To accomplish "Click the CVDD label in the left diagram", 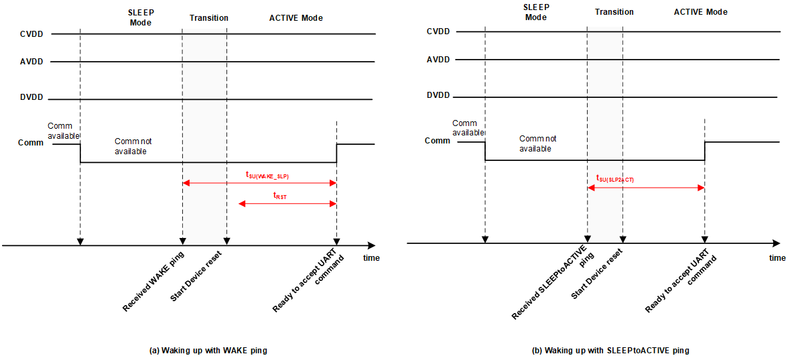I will point(31,34).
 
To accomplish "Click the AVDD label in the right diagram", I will point(438,60).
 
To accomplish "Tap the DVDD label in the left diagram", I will point(31,97).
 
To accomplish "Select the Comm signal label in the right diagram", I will point(438,141).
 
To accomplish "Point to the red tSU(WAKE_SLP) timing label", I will point(267,176).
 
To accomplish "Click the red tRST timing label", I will point(279,196).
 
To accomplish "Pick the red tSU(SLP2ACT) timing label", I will point(614,178).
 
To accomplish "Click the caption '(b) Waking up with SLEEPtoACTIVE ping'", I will point(610,351).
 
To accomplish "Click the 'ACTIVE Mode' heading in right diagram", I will point(700,12).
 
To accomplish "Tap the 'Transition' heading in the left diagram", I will point(208,17).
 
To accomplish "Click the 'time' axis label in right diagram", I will point(777,258).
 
